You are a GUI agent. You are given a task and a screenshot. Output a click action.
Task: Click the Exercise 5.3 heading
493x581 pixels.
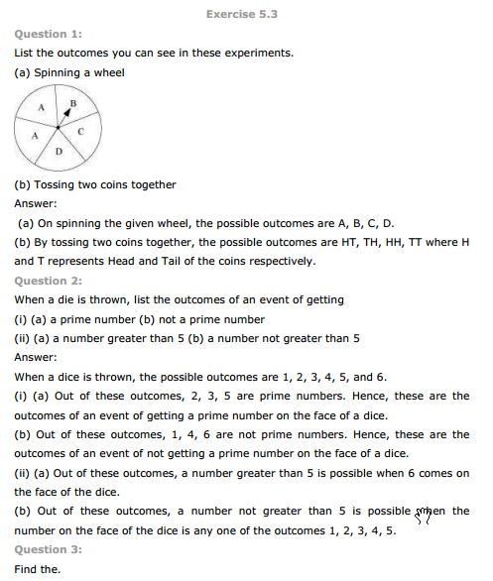246,15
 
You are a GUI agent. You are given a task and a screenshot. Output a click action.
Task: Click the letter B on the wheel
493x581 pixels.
73,102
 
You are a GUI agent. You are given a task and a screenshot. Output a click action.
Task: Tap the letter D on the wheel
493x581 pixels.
59,152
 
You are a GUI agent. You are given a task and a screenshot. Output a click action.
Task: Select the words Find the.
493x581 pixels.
38,569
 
